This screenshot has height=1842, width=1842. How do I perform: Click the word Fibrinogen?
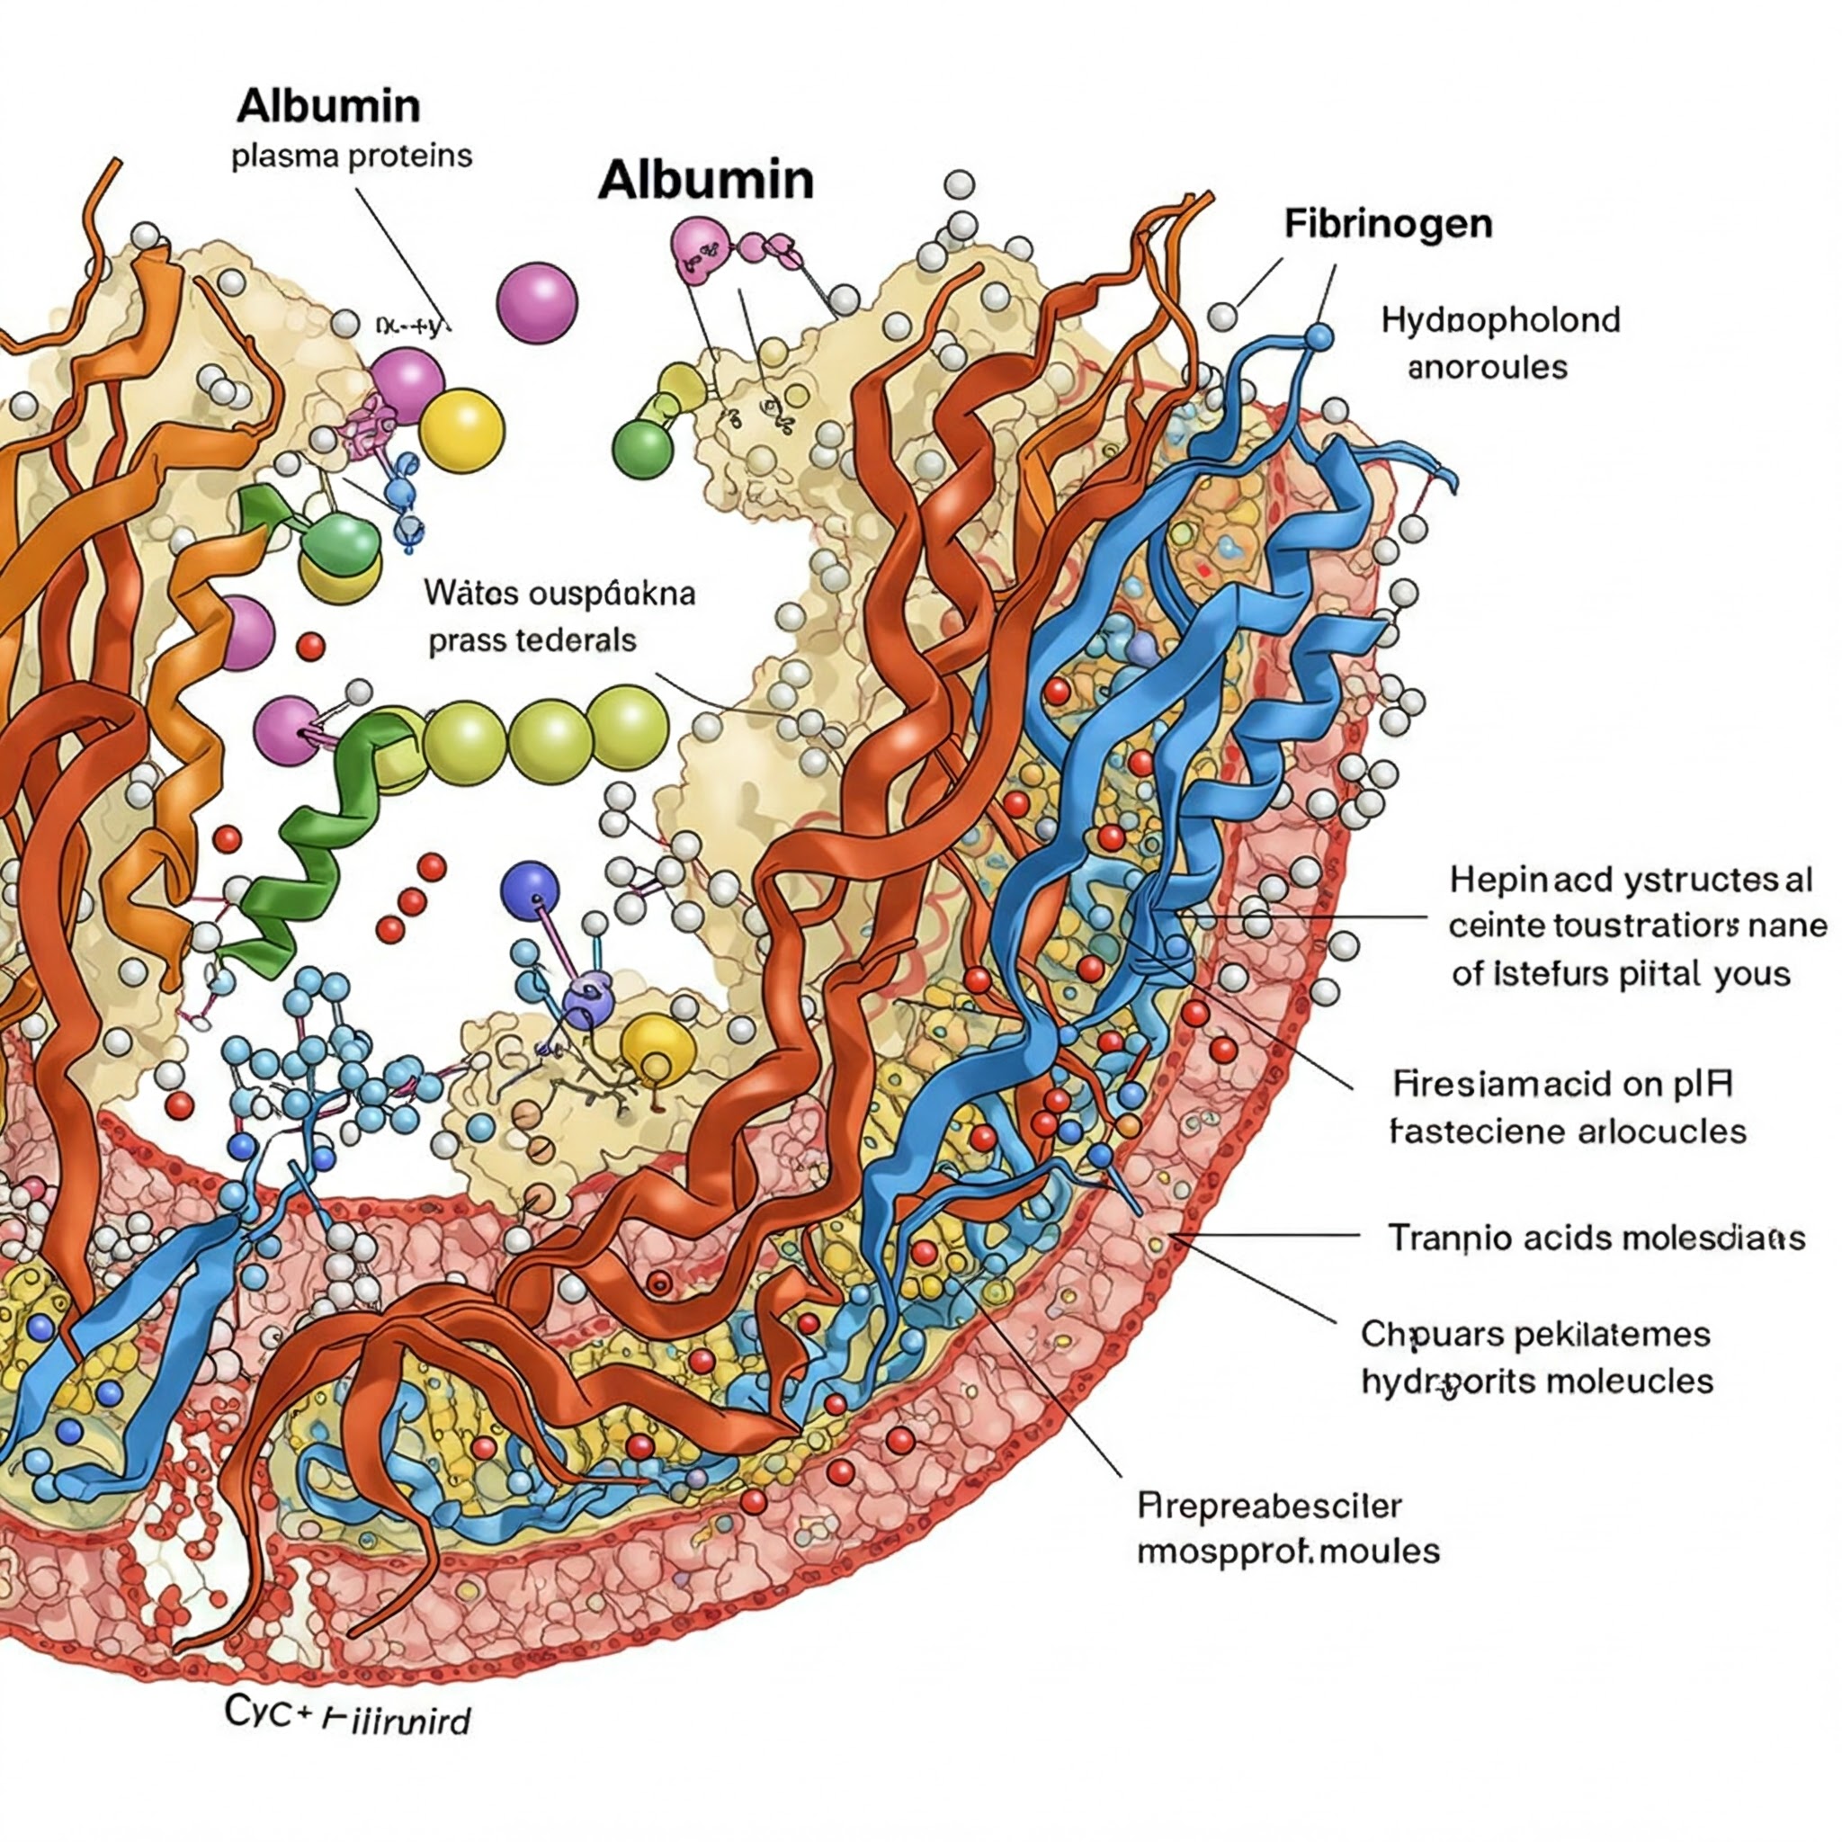1387,224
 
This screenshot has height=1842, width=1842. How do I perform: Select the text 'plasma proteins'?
351,156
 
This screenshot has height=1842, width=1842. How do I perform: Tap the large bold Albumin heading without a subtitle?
705,180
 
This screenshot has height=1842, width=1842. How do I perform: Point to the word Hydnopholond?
1499,319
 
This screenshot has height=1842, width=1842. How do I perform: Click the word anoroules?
1487,367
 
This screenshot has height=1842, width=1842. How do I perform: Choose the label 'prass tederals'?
532,639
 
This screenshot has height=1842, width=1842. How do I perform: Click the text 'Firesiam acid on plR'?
1561,1084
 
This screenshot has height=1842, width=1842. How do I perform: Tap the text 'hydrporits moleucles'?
1537,1381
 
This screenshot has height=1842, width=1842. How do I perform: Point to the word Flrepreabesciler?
1269,1506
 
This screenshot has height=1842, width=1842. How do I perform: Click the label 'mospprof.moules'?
1287,1551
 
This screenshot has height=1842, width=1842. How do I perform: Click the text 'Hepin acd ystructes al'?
1631,879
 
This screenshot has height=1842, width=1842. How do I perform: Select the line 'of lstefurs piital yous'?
1621,973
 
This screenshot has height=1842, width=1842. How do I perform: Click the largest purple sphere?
537,302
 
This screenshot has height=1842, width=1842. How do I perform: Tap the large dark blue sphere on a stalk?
530,890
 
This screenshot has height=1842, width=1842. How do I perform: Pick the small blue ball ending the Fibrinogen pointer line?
1319,336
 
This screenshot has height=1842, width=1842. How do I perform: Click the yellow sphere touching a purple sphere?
461,430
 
